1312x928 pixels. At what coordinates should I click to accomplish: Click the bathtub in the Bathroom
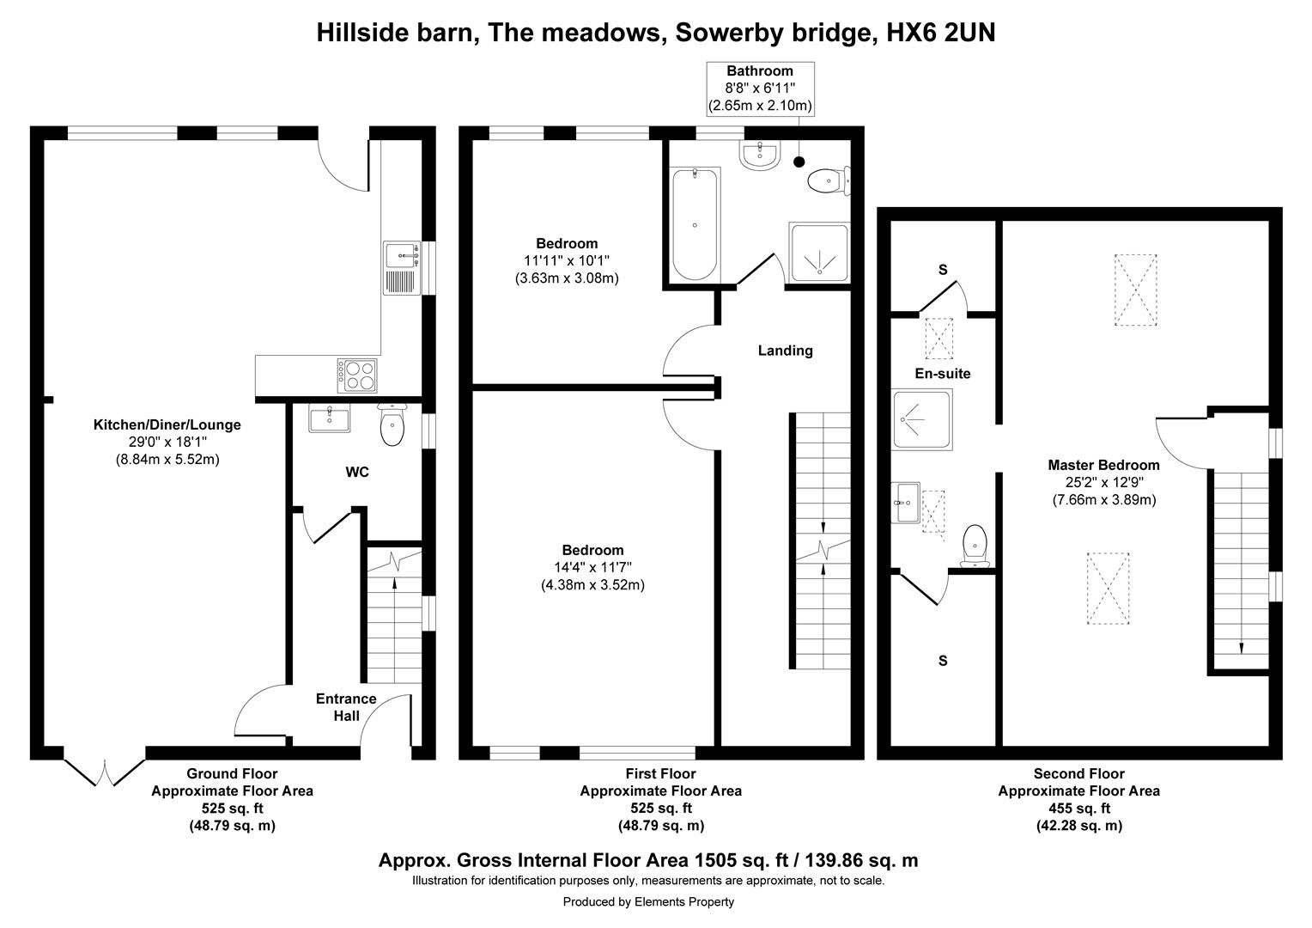695,224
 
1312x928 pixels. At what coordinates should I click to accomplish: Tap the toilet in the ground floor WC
392,424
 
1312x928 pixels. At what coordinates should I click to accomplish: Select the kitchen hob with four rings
356,375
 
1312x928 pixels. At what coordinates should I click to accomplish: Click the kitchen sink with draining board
402,268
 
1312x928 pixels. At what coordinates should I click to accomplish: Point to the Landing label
786,351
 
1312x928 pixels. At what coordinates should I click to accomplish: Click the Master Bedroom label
1103,466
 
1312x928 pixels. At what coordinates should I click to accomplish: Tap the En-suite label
943,374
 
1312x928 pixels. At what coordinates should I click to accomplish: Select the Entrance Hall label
346,707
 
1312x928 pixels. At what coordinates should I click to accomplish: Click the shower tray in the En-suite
922,419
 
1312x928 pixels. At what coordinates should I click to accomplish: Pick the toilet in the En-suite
975,546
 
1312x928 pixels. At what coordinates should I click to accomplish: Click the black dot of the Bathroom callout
799,162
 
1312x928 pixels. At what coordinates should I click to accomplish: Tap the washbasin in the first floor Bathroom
760,155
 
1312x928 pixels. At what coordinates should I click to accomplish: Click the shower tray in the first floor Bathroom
819,252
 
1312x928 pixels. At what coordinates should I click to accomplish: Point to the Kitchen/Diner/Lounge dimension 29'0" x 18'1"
167,442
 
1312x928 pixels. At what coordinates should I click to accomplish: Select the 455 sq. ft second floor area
1079,809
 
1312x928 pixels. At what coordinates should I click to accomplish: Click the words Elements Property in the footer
684,901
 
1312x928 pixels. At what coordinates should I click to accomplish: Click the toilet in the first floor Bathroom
829,180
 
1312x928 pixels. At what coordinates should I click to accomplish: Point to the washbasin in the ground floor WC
329,418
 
